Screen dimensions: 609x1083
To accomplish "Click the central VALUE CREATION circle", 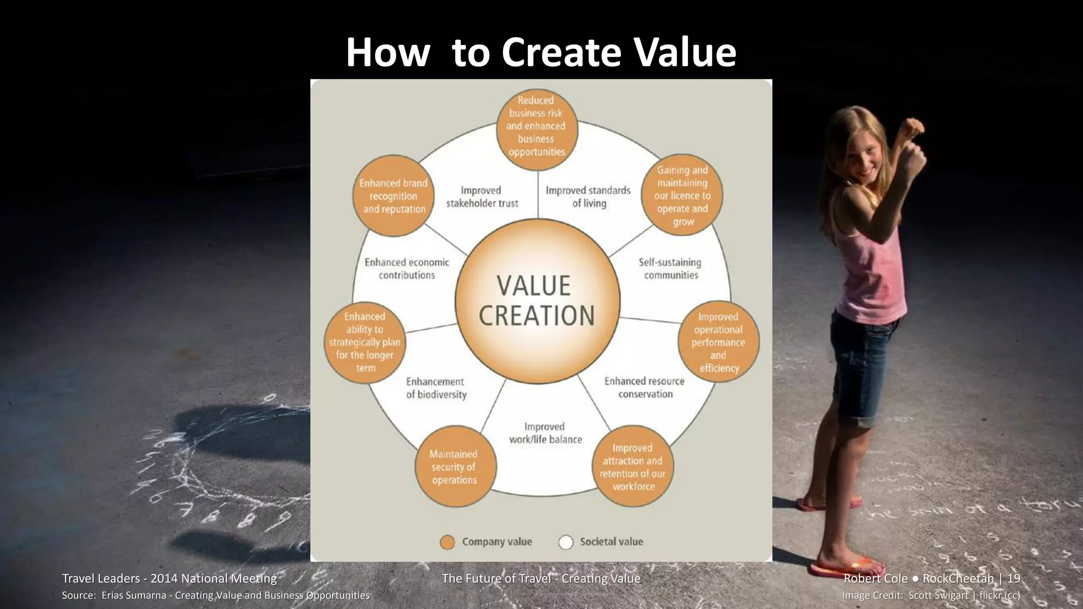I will (537, 301).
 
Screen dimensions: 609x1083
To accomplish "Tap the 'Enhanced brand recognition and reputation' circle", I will (393, 196).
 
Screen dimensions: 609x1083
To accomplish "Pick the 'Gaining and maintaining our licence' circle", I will (682, 195).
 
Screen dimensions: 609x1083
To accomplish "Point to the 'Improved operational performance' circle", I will (718, 342).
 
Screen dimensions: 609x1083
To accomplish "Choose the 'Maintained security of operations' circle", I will (454, 467).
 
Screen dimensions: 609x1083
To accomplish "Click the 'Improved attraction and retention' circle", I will (632, 467).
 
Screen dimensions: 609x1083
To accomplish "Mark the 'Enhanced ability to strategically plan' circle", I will (365, 342).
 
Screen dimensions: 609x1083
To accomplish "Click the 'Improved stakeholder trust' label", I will (482, 197).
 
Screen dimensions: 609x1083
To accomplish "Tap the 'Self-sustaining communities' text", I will (670, 269).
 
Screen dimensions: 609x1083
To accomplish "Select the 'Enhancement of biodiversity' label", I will (436, 388).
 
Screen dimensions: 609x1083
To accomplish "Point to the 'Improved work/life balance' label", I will (545, 433).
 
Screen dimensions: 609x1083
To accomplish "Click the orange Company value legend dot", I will (447, 542).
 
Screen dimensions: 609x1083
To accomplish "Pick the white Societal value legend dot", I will (566, 542).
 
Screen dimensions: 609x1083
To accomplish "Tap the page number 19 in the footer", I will (1013, 578).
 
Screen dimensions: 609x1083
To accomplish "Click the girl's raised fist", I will (913, 127).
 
